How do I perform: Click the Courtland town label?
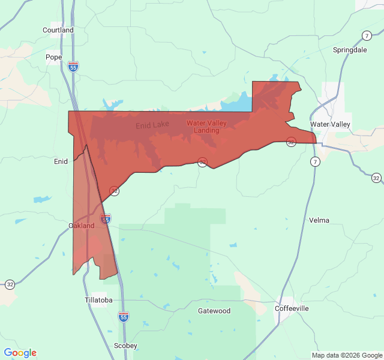pyautogui.click(x=58, y=30)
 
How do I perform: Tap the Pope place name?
pyautogui.click(x=54, y=58)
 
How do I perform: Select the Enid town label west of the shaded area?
pyautogui.click(x=61, y=161)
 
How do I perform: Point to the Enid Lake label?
pyautogui.click(x=152, y=125)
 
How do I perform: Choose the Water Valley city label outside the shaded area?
pyautogui.click(x=330, y=124)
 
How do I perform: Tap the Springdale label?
pyautogui.click(x=350, y=50)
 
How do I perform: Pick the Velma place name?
pyautogui.click(x=319, y=220)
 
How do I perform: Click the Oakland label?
pyautogui.click(x=82, y=226)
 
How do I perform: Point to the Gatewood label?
pyautogui.click(x=214, y=311)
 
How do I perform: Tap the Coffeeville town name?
pyautogui.click(x=292, y=308)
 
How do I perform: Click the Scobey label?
pyautogui.click(x=126, y=346)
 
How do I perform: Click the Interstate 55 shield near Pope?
pyautogui.click(x=73, y=67)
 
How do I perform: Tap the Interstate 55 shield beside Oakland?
pyautogui.click(x=106, y=219)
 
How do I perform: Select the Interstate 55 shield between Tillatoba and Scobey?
pyautogui.click(x=123, y=316)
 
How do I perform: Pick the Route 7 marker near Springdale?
pyautogui.click(x=367, y=35)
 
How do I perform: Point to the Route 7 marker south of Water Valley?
pyautogui.click(x=315, y=162)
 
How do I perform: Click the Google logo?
pyautogui.click(x=20, y=353)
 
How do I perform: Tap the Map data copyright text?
pyautogui.click(x=347, y=355)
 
